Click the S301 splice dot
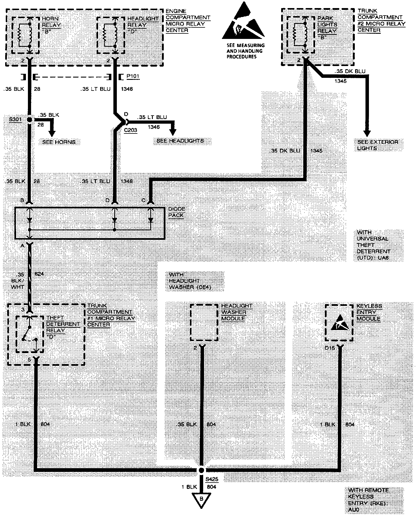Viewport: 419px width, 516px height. pyautogui.click(x=29, y=120)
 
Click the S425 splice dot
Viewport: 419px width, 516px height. pyautogui.click(x=201, y=470)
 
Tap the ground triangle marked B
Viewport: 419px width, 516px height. pyautogui.click(x=201, y=499)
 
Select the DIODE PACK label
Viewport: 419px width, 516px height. pyautogui.click(x=177, y=212)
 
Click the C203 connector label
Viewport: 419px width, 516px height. pyautogui.click(x=130, y=130)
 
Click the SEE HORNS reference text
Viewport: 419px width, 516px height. pyautogui.click(x=59, y=142)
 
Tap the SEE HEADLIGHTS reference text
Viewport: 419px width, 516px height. pyautogui.click(x=180, y=141)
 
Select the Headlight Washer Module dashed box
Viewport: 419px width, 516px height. pyautogui.click(x=204, y=323)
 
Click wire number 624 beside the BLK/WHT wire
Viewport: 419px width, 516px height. pyautogui.click(x=39, y=274)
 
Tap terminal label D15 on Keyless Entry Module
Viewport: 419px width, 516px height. pyautogui.click(x=330, y=348)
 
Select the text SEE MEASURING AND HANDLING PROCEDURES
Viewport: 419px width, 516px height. pyautogui.click(x=245, y=51)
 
